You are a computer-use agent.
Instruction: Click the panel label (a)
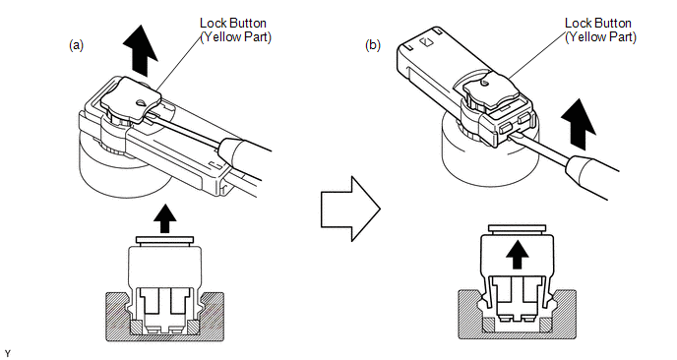point(77,45)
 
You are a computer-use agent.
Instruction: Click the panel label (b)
point(373,45)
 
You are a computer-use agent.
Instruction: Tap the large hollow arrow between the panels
point(350,209)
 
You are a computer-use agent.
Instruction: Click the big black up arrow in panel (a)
point(141,50)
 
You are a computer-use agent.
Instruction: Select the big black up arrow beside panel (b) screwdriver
point(579,124)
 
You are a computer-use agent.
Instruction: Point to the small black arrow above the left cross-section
point(165,218)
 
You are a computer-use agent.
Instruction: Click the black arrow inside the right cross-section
point(517,254)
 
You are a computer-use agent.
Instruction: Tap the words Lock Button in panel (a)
point(232,23)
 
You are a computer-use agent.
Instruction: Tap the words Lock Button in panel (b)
point(598,23)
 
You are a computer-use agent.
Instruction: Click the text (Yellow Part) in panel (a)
point(236,37)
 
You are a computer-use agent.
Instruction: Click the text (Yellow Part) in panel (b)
point(600,37)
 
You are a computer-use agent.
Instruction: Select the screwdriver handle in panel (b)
point(592,177)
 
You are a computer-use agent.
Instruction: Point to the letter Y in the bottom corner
point(8,354)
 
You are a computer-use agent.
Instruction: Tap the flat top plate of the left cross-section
point(164,240)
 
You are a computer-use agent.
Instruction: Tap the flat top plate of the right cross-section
point(517,228)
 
